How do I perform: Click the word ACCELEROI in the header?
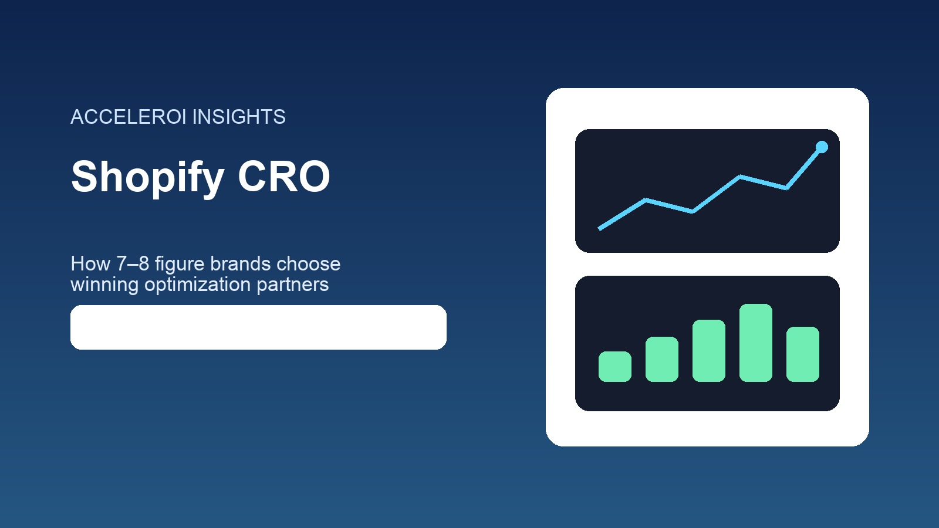pos(129,117)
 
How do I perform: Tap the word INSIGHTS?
pos(239,117)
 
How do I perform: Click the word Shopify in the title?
pos(147,177)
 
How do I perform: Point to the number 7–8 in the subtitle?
pos(133,263)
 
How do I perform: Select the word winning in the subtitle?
pos(104,285)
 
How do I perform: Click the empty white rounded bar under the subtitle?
pos(258,327)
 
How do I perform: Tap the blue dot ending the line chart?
pos(822,147)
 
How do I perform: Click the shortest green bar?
pos(614,367)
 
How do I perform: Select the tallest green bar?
pos(755,343)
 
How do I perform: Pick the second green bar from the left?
pos(661,359)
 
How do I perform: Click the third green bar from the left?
pos(708,351)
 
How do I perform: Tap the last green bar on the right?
pos(802,354)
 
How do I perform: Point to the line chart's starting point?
pos(600,228)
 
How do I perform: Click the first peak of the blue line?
pos(646,200)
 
